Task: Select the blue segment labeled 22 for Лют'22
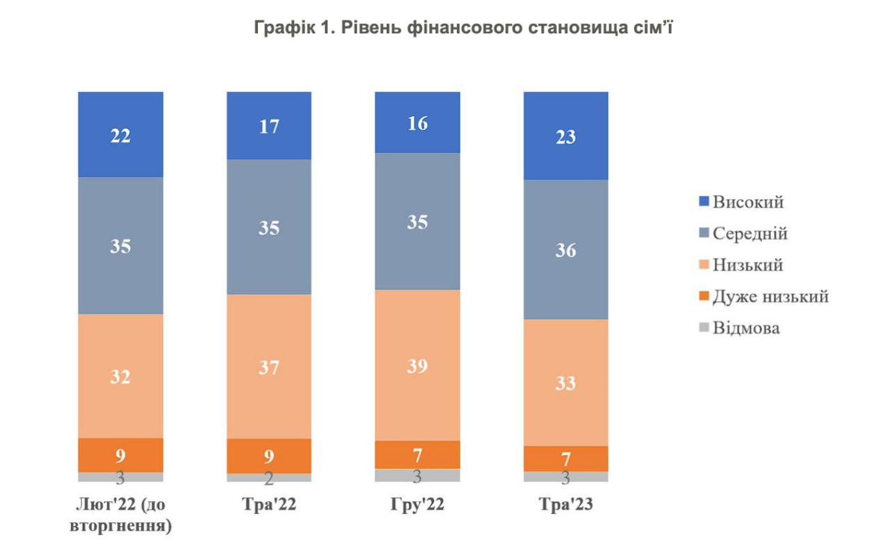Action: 120,135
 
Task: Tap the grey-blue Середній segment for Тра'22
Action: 269,227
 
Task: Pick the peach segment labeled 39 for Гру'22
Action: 417,365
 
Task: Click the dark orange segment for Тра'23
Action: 565,459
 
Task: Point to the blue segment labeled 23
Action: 565,136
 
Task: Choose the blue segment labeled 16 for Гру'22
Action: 417,123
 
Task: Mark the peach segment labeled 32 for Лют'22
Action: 120,376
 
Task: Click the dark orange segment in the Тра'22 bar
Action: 269,456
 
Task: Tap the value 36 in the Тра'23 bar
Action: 565,250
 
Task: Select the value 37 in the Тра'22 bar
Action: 269,367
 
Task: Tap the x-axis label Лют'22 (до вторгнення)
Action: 120,515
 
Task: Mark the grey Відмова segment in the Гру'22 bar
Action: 417,476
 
